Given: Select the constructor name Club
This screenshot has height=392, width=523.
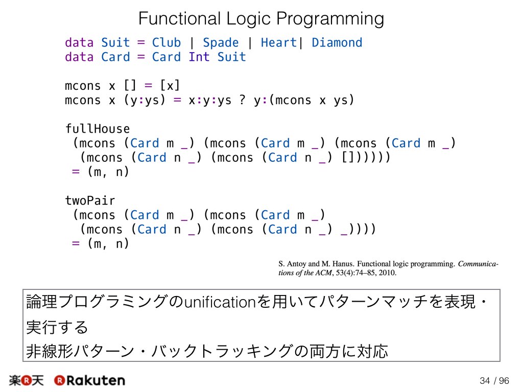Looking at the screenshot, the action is (167, 43).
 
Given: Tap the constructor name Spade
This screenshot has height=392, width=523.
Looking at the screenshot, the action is (221, 43).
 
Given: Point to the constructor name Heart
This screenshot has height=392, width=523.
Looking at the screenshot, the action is (278, 43).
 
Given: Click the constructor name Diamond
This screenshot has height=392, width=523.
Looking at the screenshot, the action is (337, 43).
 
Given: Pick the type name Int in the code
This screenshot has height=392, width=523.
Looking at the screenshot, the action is (199, 57).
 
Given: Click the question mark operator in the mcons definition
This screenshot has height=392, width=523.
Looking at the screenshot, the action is (243, 100).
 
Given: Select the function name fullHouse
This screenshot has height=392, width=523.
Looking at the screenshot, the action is (98, 129).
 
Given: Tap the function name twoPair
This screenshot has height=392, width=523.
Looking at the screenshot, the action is (90, 200).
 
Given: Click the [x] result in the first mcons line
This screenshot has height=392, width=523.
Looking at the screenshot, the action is (170, 86).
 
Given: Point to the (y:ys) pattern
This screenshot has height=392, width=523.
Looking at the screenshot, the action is (145, 100).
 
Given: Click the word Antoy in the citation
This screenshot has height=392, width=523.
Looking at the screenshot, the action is (297, 264).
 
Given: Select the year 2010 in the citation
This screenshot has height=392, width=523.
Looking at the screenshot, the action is (387, 273).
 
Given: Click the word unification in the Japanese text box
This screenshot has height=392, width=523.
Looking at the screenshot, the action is (220, 302).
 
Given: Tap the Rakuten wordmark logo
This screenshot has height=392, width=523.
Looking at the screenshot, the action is (90, 380).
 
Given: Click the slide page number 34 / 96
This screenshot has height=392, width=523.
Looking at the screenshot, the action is (494, 381).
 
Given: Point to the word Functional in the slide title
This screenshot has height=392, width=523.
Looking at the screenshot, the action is (179, 18).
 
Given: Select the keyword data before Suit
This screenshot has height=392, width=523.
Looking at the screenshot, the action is (79, 43).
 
